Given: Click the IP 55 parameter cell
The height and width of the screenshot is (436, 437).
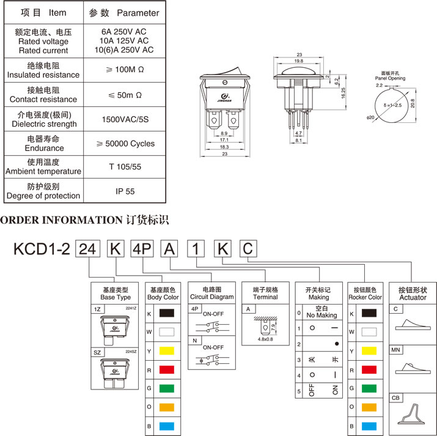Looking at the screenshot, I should coord(125,191).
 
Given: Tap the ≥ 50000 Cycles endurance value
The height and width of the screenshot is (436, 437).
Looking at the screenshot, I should coord(125,144).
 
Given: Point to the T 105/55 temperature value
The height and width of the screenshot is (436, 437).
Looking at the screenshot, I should coord(125,167).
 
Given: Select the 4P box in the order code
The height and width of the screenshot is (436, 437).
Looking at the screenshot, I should coord(142,249).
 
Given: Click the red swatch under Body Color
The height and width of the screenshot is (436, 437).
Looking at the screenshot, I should coord(166,371).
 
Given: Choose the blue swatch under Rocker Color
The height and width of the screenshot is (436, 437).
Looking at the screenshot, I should coord(369,425).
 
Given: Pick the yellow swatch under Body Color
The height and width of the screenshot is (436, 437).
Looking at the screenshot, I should coord(166,352).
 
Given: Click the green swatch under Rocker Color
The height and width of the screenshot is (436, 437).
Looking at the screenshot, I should coord(369,388).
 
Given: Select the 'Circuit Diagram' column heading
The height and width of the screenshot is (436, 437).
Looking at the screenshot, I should coord(211,297).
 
